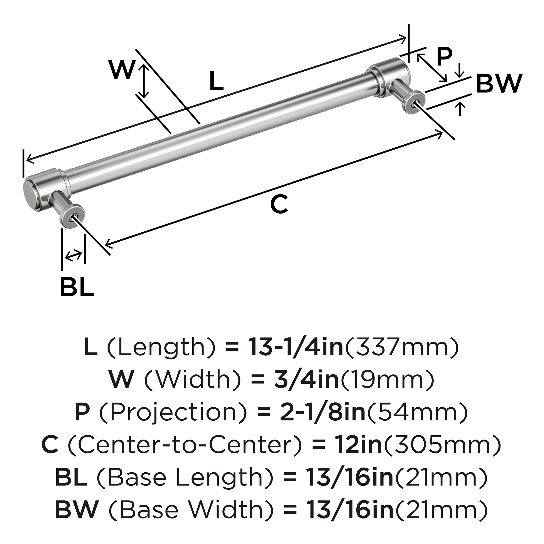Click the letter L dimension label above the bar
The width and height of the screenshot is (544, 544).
pyautogui.click(x=216, y=82)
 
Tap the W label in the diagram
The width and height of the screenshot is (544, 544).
pyautogui.click(x=122, y=70)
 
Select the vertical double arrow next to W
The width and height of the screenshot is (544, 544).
pyautogui.click(x=144, y=81)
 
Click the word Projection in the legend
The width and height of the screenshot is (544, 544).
pyautogui.click(x=173, y=413)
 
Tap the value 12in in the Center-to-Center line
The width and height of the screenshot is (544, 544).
pyautogui.click(x=359, y=445)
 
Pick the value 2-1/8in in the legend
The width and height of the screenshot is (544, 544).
pyautogui.click(x=322, y=413)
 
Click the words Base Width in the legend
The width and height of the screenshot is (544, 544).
pyautogui.click(x=191, y=510)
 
